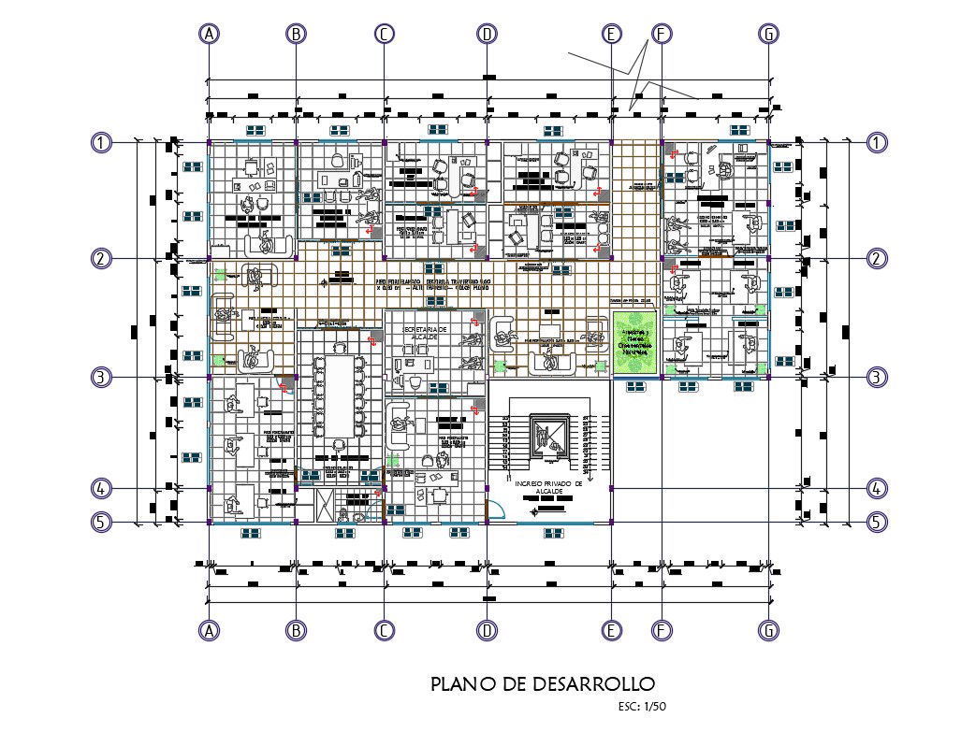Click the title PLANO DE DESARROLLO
coord(536,684)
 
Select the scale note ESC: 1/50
coord(642,707)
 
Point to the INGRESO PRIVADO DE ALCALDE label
coord(548,487)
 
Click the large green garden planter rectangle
coord(636,343)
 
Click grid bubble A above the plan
coord(209,34)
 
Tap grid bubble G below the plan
coord(768,631)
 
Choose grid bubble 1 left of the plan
coord(101,143)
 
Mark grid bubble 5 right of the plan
coord(876,523)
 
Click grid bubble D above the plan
coord(487,34)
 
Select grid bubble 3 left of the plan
coord(101,378)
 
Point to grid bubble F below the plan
coord(661,631)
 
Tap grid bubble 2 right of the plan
coord(876,259)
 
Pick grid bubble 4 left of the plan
coord(101,488)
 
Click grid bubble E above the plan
coord(611,34)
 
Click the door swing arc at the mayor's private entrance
coord(498,510)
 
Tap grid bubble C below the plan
coord(384,631)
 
